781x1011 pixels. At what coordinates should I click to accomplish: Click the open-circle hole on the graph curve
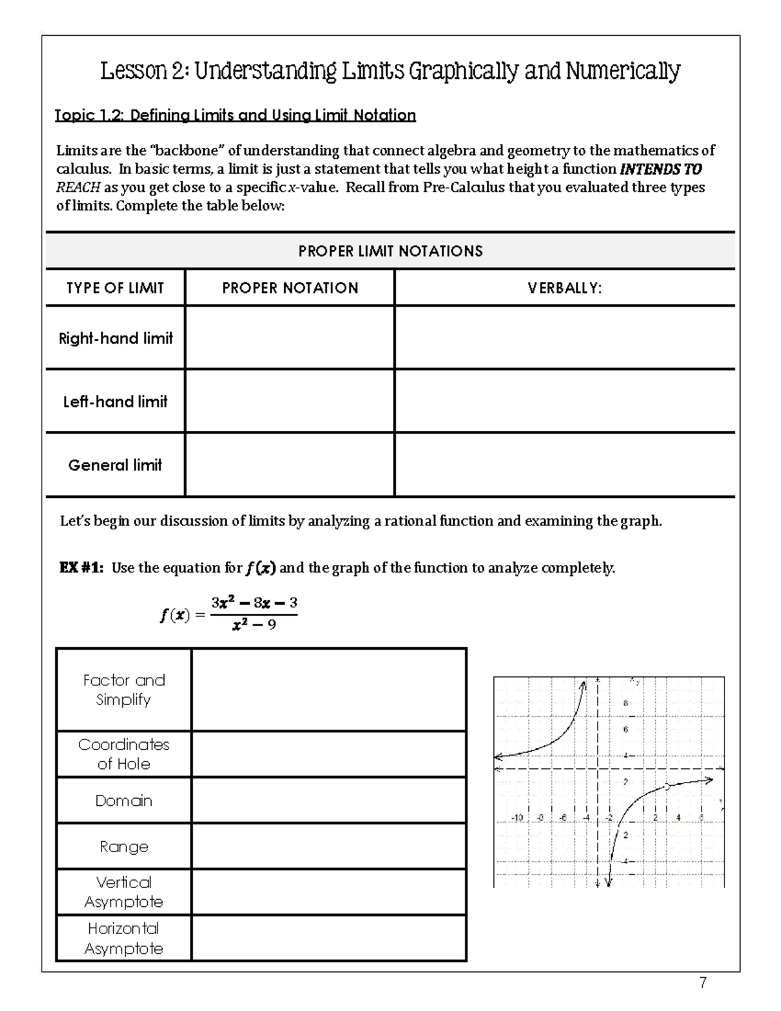666,786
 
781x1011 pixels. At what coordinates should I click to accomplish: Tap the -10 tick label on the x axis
517,817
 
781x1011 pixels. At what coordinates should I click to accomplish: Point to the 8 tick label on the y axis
625,703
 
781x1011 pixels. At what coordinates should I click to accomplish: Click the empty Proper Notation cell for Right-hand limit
290,337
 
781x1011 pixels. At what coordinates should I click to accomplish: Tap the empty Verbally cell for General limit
564,465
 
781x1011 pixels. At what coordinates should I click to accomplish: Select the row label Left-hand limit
115,402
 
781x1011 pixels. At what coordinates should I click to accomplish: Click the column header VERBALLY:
564,288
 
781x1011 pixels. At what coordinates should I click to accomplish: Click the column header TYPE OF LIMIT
115,288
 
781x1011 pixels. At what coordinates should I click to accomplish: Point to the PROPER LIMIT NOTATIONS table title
390,251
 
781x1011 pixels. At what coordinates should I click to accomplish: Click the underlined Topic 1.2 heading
236,116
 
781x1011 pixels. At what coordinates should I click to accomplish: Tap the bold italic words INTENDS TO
661,169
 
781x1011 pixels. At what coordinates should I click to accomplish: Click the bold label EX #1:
81,568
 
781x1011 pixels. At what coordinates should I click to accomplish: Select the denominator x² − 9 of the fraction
254,625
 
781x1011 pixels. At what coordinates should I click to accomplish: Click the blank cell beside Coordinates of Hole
329,754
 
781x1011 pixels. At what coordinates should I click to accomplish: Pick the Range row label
124,846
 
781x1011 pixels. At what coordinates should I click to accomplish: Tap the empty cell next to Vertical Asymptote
329,892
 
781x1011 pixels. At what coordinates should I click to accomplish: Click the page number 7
703,983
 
